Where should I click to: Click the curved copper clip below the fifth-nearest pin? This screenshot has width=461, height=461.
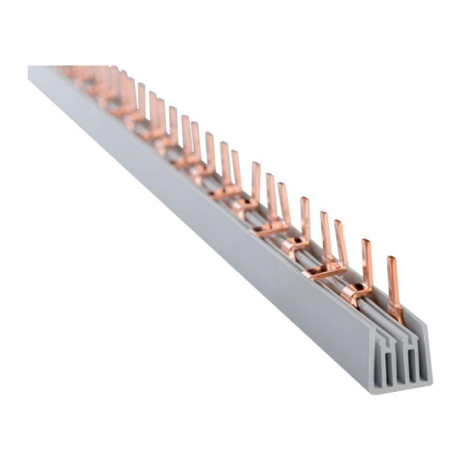(296, 245)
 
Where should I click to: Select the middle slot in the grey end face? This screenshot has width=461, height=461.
(401, 365)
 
